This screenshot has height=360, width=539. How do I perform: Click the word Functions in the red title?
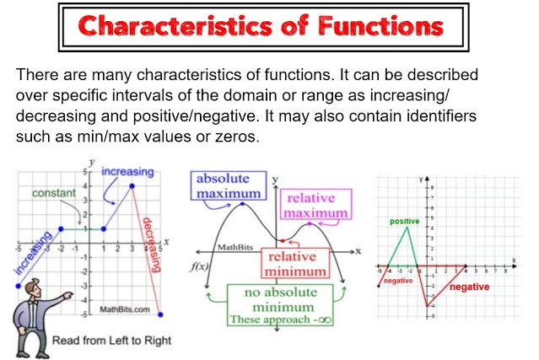tap(380, 26)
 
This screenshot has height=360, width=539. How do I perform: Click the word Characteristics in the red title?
tap(175, 26)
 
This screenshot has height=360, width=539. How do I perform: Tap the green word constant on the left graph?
tap(54, 193)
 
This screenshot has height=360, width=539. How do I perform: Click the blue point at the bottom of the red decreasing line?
tap(160, 314)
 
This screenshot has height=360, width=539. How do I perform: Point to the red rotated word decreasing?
tap(151, 244)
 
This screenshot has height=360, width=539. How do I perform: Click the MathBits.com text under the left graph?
tap(125, 309)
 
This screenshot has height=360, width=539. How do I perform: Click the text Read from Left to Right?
tap(111, 341)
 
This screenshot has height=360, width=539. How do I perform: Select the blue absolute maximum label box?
tap(229, 185)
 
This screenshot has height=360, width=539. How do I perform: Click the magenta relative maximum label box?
tap(316, 204)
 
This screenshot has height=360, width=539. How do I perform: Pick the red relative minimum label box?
tap(295, 263)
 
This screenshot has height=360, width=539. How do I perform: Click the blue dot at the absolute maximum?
tap(243, 204)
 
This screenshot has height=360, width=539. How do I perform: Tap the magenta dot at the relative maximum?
tap(310, 224)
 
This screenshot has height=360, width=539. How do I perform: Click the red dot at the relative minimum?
tap(283, 241)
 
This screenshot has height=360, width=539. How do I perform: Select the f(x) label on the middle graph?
tap(199, 266)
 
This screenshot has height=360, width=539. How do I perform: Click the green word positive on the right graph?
tap(405, 221)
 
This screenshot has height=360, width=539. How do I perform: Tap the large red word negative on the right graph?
tap(469, 287)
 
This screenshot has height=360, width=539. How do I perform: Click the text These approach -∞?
tap(281, 320)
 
